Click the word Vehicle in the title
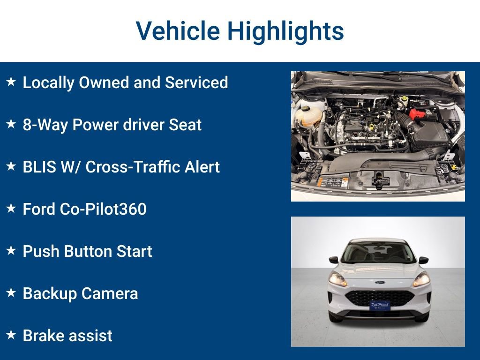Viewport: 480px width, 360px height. pyautogui.click(x=178, y=31)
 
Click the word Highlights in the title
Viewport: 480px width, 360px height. pyautogui.click(x=285, y=32)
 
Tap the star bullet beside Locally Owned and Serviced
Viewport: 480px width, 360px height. pyautogui.click(x=11, y=82)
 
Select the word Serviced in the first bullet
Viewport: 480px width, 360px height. pyautogui.click(x=196, y=82)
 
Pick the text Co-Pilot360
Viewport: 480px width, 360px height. pyautogui.click(x=103, y=209)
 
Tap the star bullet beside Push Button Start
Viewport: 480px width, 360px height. pyautogui.click(x=11, y=251)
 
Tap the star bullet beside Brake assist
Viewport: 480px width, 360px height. pyautogui.click(x=11, y=335)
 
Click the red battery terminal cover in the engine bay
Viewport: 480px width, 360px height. pyautogui.click(x=417, y=114)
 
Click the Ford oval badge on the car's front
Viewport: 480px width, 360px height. pyautogui.click(x=379, y=283)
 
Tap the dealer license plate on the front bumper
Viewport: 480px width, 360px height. pyautogui.click(x=379, y=305)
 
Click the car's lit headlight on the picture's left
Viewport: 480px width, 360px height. pyautogui.click(x=337, y=279)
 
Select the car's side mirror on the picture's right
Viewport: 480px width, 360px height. pyautogui.click(x=423, y=260)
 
